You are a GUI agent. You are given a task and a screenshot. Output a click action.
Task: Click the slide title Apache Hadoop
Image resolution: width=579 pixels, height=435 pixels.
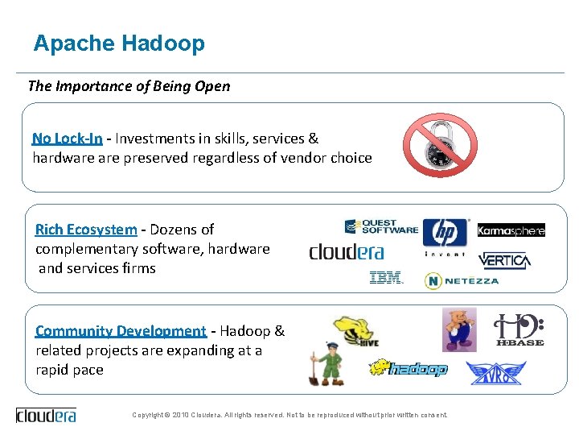[119, 43]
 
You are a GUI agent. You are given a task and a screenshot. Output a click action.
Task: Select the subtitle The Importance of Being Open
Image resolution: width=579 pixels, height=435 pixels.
[129, 86]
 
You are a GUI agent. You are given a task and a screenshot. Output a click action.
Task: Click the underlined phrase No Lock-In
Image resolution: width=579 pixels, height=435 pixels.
[68, 138]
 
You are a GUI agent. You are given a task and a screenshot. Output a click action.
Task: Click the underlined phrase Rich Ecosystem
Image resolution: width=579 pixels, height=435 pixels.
[86, 230]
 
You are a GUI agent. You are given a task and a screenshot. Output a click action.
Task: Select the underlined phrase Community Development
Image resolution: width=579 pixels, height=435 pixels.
[121, 331]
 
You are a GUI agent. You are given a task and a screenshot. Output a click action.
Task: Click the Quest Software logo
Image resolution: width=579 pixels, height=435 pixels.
[381, 227]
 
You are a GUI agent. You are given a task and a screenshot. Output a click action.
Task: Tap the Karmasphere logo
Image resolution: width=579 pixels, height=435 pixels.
[511, 230]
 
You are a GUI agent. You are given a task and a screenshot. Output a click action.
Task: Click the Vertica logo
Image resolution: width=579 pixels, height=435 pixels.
[504, 260]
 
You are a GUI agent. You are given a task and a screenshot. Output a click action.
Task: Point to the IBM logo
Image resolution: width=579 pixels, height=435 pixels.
[386, 279]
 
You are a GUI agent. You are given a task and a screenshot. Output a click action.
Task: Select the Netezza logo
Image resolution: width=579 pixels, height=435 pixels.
[462, 280]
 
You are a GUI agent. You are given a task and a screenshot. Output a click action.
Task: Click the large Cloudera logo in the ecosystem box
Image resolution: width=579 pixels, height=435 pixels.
[347, 252]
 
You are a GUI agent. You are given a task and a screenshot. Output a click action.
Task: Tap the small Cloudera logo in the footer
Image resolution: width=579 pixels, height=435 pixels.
[46, 416]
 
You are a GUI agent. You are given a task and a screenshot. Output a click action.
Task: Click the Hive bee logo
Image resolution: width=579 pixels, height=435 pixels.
[355, 334]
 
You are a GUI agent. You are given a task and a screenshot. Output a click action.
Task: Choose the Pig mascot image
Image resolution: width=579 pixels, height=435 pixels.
[459, 329]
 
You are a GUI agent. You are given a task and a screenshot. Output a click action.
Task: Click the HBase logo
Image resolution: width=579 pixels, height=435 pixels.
[519, 330]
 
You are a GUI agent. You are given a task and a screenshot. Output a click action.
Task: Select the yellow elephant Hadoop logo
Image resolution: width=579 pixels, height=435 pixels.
[408, 369]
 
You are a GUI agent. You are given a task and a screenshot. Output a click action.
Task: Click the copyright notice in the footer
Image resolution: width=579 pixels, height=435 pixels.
[289, 415]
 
